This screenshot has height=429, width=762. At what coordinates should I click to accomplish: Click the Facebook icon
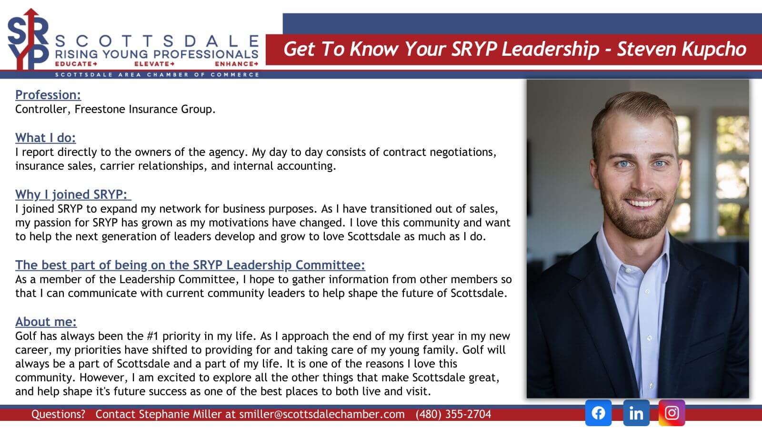click(x=598, y=413)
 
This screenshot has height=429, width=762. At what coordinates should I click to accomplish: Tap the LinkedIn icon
click(x=636, y=413)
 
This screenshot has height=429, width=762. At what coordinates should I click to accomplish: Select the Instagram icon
click(x=672, y=413)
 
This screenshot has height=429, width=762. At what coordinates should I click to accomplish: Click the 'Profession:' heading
click(x=48, y=95)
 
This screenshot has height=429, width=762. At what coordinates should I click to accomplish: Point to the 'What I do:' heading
click(x=46, y=138)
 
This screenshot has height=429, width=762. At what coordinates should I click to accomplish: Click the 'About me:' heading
click(x=46, y=322)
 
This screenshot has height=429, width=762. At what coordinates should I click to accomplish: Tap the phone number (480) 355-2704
click(x=453, y=414)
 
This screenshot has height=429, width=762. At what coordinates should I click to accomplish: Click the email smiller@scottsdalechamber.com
click(x=322, y=414)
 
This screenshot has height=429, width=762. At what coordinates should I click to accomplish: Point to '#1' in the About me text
click(x=153, y=336)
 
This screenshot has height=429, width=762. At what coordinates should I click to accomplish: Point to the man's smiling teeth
click(x=642, y=204)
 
